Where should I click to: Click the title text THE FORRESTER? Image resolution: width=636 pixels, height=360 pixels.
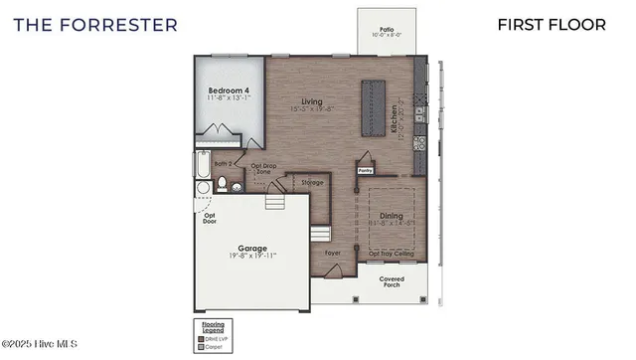pos(95,24)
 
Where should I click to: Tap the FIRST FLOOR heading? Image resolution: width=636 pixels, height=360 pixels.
pos(552,24)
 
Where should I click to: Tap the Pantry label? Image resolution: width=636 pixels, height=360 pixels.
pos(366,170)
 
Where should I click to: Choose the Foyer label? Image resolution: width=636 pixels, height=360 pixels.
pos(333,254)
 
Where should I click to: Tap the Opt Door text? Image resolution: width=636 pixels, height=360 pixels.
pos(210,219)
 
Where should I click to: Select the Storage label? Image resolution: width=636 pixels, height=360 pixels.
pos(313,182)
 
